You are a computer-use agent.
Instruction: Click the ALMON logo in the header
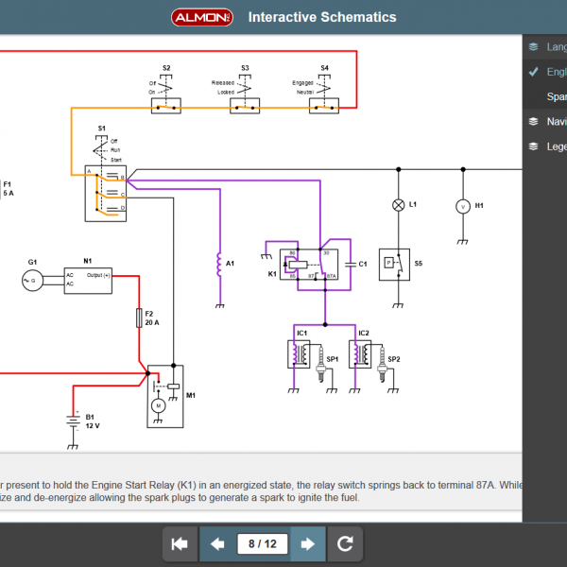[202, 17]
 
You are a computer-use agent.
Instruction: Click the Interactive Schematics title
[322, 17]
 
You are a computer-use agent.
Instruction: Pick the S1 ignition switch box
[105, 193]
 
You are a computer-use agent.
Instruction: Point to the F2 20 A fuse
[140, 318]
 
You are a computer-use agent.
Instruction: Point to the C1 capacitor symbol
[350, 265]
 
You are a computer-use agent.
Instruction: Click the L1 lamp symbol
[398, 205]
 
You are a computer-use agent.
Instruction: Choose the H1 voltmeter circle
[463, 205]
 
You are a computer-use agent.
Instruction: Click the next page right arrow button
[307, 543]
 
